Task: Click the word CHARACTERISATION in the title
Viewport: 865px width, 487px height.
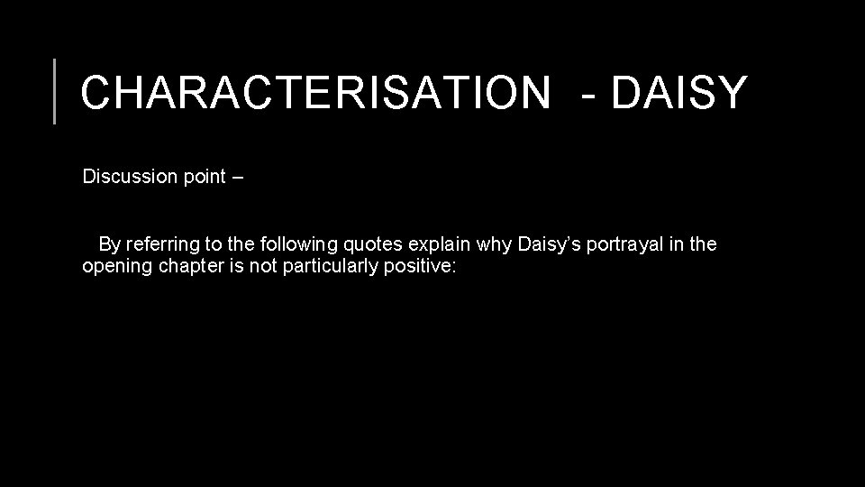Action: tap(314, 92)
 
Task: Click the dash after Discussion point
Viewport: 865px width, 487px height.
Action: tap(237, 177)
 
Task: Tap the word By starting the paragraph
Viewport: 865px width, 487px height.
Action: tap(109, 243)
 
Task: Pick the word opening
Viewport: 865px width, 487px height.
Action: tap(113, 268)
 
